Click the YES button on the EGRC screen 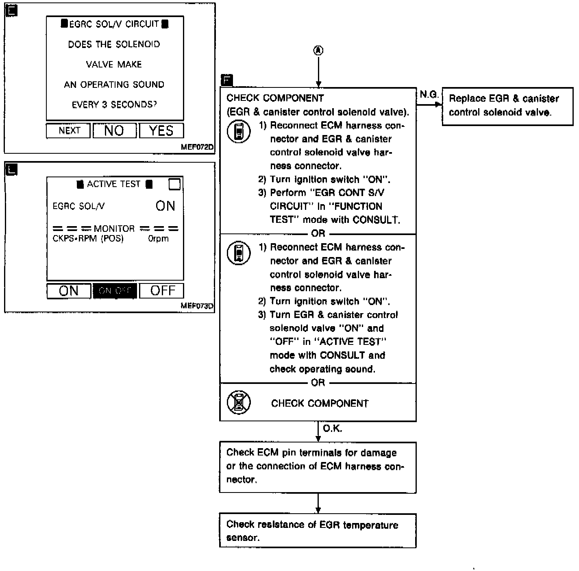click(x=161, y=131)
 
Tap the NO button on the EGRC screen click(x=114, y=131)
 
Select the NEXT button click(x=68, y=131)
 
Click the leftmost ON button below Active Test click(x=68, y=291)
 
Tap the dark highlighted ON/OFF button click(x=115, y=291)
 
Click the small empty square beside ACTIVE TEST click(x=174, y=184)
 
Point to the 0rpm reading click(x=158, y=239)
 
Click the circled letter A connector click(x=318, y=50)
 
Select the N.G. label click(x=429, y=94)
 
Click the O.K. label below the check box click(x=332, y=428)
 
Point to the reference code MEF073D click(x=197, y=306)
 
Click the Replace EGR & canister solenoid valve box click(x=507, y=106)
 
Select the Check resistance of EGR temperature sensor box click(x=318, y=531)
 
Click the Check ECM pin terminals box click(x=318, y=467)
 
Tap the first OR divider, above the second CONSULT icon click(x=318, y=233)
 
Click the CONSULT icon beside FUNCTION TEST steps click(x=239, y=131)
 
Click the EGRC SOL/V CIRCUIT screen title click(x=114, y=24)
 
